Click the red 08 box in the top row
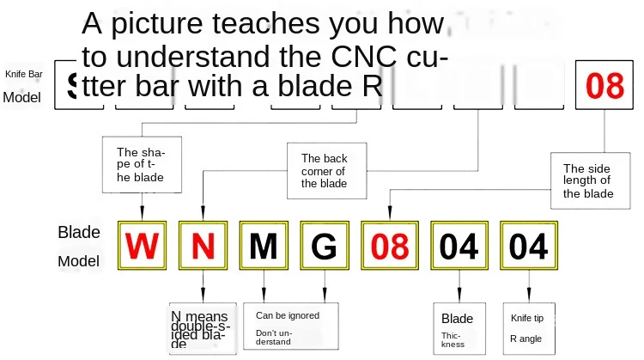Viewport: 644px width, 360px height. [x=604, y=85]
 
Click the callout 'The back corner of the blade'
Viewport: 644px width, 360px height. [x=325, y=170]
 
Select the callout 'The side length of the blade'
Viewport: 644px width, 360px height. [x=588, y=181]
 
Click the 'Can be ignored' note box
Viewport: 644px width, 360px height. [x=291, y=326]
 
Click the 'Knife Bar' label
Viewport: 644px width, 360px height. [x=24, y=75]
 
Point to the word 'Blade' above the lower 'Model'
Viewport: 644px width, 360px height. [x=79, y=232]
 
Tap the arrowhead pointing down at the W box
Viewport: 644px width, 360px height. [x=141, y=216]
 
